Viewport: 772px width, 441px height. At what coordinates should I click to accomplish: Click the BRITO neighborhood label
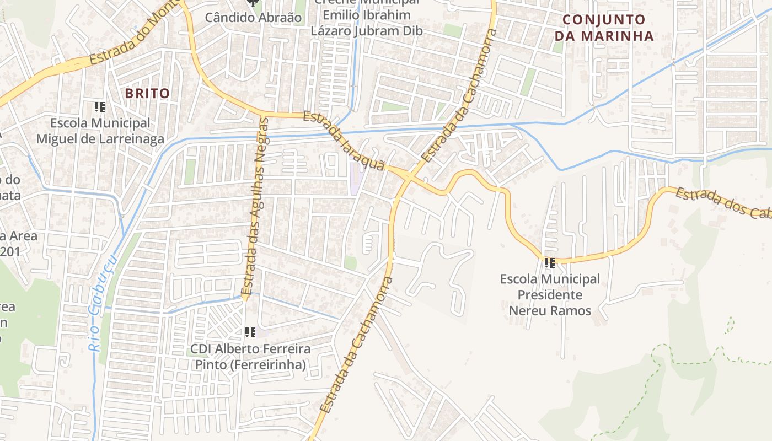tap(147, 93)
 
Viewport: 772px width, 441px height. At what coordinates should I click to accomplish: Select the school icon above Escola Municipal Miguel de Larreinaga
tap(100, 106)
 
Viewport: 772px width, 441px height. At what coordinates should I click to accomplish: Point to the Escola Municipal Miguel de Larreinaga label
tap(100, 131)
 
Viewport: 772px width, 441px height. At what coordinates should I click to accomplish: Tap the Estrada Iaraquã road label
tap(344, 141)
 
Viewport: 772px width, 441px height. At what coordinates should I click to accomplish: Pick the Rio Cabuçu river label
tap(102, 303)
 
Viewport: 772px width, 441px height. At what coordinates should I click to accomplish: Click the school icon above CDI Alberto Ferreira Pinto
tap(250, 332)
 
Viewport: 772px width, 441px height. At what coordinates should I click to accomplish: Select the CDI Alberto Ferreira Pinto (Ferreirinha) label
tap(250, 357)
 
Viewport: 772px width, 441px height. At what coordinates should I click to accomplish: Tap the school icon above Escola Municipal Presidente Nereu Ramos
tap(549, 263)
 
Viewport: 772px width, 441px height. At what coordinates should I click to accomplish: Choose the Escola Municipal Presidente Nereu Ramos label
tap(550, 295)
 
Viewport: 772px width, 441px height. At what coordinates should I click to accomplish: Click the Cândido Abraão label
tap(253, 18)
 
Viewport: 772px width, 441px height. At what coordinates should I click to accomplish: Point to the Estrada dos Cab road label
tap(722, 203)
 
